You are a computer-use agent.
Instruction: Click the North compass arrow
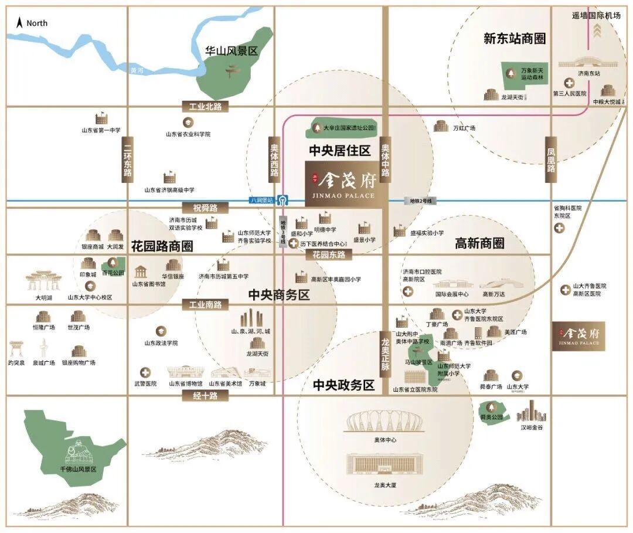(x=19, y=23)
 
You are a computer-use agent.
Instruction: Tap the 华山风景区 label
(x=232, y=52)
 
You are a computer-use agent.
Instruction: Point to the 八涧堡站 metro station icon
(x=283, y=199)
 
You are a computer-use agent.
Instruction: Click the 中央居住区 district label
(x=340, y=151)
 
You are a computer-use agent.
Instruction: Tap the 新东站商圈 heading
(x=515, y=39)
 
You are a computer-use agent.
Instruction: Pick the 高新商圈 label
(x=479, y=243)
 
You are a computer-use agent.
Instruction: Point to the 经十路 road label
(x=205, y=396)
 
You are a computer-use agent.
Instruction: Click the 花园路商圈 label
(x=162, y=246)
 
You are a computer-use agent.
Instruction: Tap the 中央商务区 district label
(x=278, y=295)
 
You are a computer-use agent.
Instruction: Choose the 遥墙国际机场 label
(x=596, y=15)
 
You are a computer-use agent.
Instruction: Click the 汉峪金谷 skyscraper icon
(x=531, y=410)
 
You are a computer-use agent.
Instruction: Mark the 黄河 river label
(x=137, y=70)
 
